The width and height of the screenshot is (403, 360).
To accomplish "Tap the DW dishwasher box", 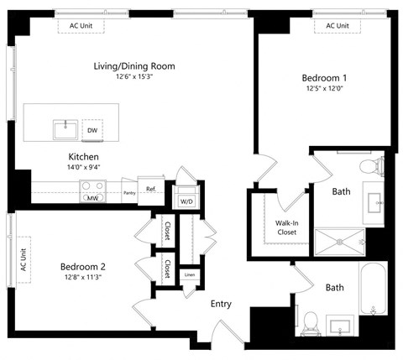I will click(x=91, y=130).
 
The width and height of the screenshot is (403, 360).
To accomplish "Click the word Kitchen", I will click(x=84, y=157).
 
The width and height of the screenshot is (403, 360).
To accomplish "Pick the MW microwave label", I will click(x=92, y=199).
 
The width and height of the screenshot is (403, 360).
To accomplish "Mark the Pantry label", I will click(x=128, y=193).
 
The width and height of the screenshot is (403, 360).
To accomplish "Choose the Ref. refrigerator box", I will click(x=151, y=190).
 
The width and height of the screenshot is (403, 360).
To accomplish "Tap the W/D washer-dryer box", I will click(x=186, y=201).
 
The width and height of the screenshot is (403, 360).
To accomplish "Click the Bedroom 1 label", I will click(x=324, y=79).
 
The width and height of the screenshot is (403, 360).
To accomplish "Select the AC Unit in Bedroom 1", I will click(x=337, y=26).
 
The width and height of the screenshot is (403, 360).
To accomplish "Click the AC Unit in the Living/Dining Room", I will click(x=80, y=26).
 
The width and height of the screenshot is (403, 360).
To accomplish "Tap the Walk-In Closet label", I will click(x=277, y=227).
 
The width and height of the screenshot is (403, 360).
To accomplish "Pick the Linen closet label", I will click(x=190, y=275).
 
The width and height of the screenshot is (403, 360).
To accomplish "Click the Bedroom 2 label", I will click(x=82, y=267).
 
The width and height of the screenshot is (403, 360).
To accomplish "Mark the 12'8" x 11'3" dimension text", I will click(x=82, y=279).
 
